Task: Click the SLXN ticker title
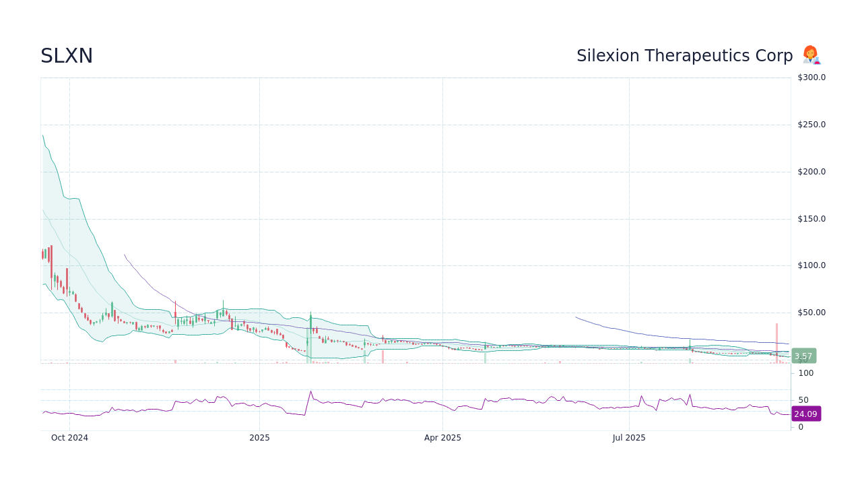click(67, 56)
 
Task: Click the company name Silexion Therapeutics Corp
click(684, 56)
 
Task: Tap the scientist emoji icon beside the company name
click(811, 55)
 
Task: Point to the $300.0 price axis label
click(811, 77)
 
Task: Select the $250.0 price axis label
click(811, 125)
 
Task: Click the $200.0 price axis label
click(811, 172)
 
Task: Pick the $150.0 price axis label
click(811, 219)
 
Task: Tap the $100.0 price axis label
click(811, 265)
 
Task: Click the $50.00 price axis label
click(811, 313)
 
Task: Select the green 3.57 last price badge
click(803, 356)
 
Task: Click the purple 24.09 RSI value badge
click(805, 414)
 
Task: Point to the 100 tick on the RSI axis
click(806, 373)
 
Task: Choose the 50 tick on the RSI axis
click(803, 400)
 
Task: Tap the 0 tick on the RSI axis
click(801, 427)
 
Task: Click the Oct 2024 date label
click(69, 438)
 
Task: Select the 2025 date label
click(259, 438)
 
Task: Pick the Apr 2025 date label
click(442, 438)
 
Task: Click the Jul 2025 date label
click(629, 438)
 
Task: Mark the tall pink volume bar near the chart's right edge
click(776, 344)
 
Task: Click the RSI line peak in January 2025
click(310, 391)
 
